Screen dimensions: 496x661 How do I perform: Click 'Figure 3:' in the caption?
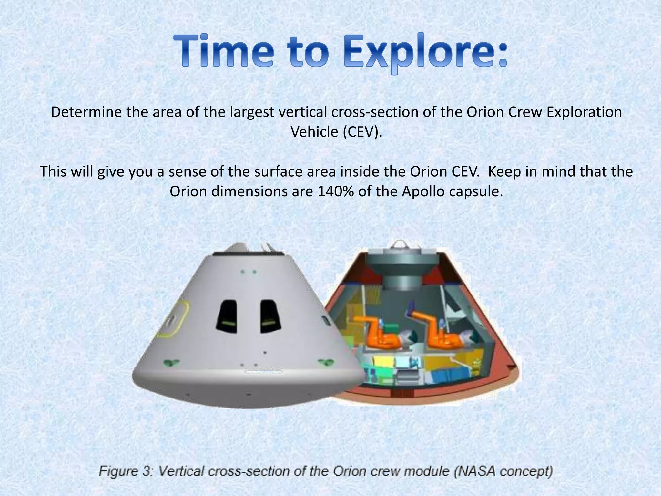(x=126, y=471)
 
